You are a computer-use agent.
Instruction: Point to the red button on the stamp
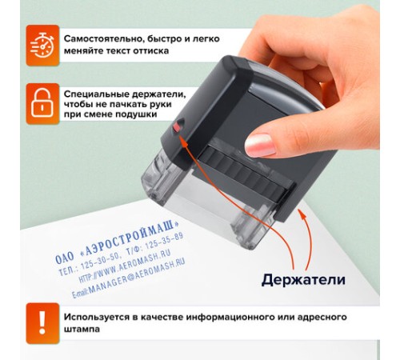(178, 126)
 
